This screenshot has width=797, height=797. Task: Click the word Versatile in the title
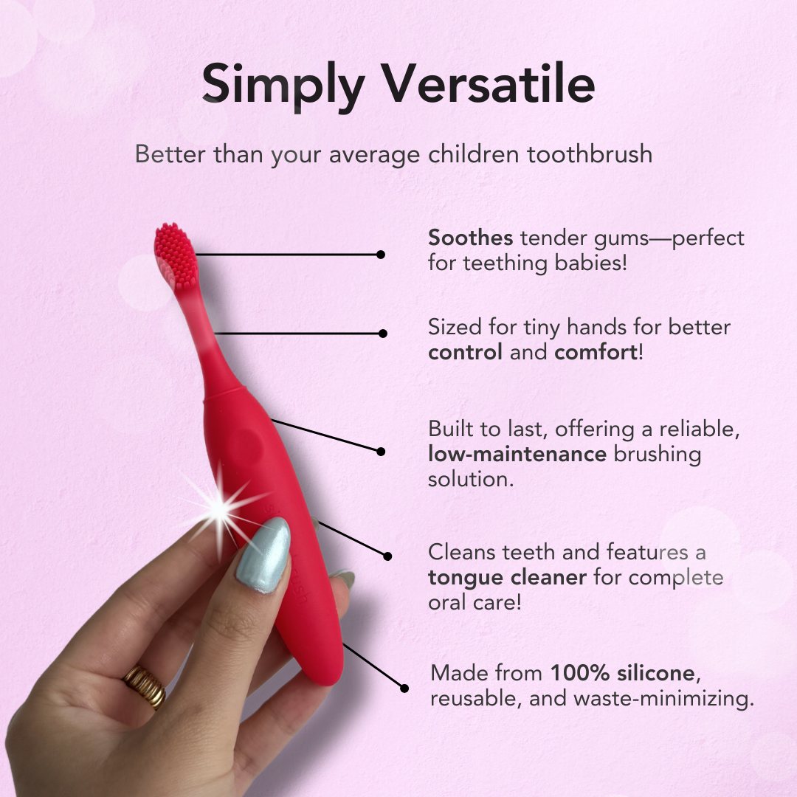tap(488, 84)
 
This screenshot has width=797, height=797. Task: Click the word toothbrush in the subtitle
tap(590, 153)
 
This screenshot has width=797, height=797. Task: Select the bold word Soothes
tap(470, 238)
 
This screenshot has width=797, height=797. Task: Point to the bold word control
tap(465, 352)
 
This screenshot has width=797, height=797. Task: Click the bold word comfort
tap(596, 352)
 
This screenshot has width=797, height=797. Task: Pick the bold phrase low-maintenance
tap(517, 453)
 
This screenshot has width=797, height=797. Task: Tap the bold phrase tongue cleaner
tap(507, 578)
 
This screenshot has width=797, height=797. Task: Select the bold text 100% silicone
tap(623, 673)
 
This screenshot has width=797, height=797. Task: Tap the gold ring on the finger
tap(145, 687)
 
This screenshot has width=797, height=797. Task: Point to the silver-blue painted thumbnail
tap(263, 555)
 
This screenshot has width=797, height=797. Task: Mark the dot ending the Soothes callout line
tap(381, 254)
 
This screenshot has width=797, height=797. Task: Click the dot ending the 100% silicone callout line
tap(404, 689)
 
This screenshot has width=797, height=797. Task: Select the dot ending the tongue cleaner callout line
tap(387, 556)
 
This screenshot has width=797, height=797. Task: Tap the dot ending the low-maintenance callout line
tap(381, 451)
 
